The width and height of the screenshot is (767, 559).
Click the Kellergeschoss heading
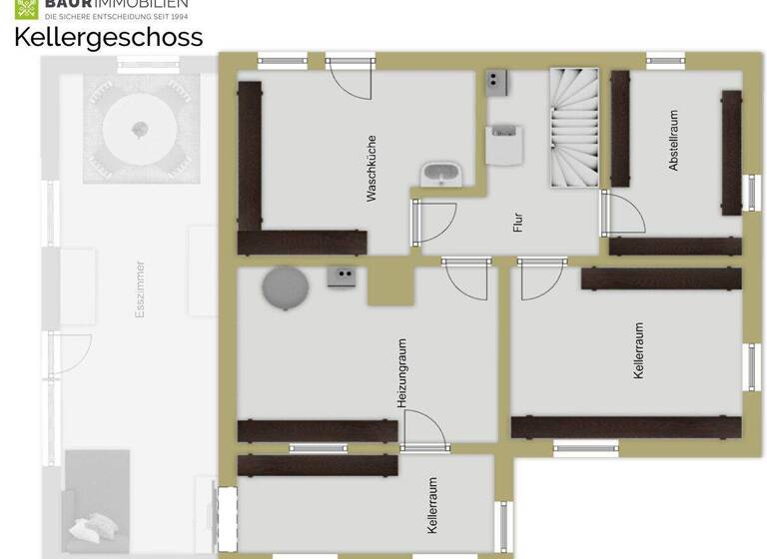coord(108,38)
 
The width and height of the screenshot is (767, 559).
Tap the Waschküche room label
coord(372,169)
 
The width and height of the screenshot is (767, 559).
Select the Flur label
coord(517,222)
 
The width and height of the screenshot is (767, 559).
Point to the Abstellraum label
coord(674,141)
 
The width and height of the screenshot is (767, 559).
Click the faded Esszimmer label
coord(141,290)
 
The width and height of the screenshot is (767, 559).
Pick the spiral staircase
coord(573,127)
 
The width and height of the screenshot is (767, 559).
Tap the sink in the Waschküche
coord(440,174)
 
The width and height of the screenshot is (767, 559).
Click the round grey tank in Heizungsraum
coord(287,288)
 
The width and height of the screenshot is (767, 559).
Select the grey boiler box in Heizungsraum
coord(343,278)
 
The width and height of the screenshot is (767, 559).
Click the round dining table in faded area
coord(140,129)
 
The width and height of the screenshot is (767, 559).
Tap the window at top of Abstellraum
coord(664,60)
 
